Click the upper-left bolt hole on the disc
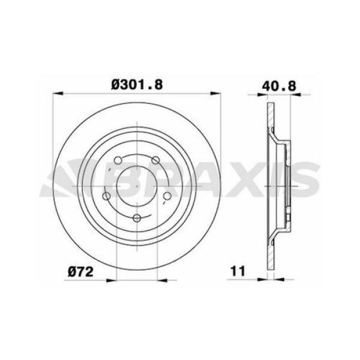pyautogui.click(x=118, y=160)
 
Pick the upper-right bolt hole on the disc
pyautogui.click(x=156, y=160)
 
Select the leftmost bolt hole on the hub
pyautogui.click(x=107, y=196)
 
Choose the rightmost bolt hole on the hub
pyautogui.click(x=168, y=196)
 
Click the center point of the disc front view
pyautogui.click(x=137, y=185)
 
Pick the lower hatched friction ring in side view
pyautogui.click(x=270, y=249)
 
